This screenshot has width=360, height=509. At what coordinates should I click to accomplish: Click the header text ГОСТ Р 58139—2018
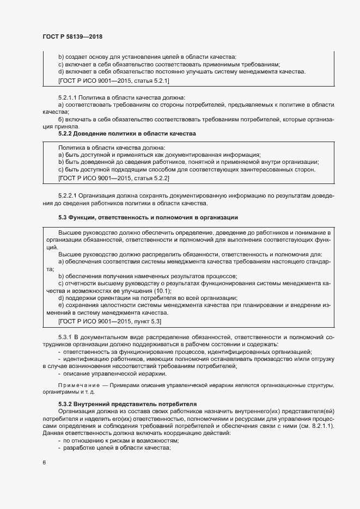click(x=72, y=36)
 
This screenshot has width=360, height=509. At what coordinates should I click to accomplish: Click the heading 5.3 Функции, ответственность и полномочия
click(x=148, y=218)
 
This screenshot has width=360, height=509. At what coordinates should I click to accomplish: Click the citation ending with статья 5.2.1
click(x=114, y=81)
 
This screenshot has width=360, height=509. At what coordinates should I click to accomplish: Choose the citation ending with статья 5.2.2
click(x=114, y=178)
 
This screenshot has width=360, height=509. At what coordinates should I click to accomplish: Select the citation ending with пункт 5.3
click(x=110, y=322)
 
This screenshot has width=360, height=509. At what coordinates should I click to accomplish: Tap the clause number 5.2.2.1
click(x=69, y=195)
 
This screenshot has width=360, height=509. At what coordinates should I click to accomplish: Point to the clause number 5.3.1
click(x=65, y=338)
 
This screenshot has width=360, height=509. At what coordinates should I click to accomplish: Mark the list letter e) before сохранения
click(x=61, y=306)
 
